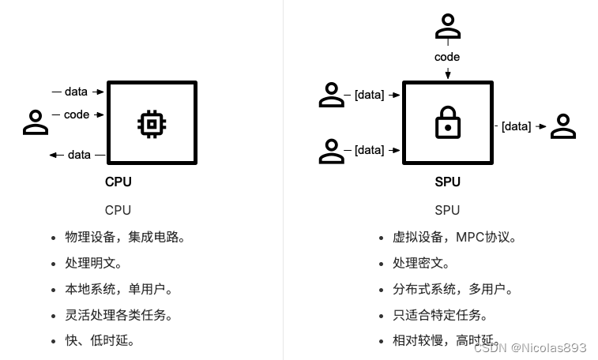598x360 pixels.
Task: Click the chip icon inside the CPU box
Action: click(x=152, y=124)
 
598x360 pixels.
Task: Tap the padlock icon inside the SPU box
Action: click(x=448, y=124)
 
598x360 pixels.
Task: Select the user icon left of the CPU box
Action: click(x=36, y=122)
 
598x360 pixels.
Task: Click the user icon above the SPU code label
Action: click(x=448, y=28)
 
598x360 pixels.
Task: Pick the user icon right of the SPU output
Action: click(x=562, y=126)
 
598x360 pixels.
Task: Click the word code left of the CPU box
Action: click(x=77, y=114)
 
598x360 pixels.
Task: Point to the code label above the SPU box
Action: click(x=447, y=57)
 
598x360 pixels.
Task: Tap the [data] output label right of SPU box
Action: click(x=517, y=126)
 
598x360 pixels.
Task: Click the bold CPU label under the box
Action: click(x=118, y=182)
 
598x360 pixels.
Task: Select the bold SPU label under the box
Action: click(x=447, y=182)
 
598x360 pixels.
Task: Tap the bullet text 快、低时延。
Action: click(x=100, y=340)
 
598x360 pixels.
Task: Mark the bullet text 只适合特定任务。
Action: click(x=440, y=315)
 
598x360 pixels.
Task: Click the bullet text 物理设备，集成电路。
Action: click(x=125, y=237)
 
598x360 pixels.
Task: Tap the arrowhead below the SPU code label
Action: click(x=448, y=75)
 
